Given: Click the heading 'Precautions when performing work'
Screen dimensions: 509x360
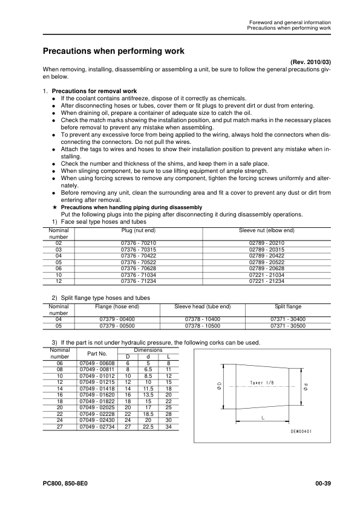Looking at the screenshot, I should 113,51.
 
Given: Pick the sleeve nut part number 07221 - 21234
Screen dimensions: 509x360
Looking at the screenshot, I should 267,281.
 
